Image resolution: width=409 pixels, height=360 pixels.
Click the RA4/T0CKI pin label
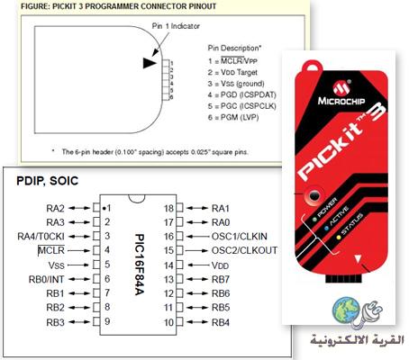coord(41,237)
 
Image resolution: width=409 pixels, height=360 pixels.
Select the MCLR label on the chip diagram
coord(51,250)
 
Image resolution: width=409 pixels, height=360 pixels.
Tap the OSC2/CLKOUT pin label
coord(244,250)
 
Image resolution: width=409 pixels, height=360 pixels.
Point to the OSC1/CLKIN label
coord(240,236)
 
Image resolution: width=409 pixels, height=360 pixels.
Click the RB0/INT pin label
coord(46,279)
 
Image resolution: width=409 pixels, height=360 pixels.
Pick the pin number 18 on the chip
coord(168,208)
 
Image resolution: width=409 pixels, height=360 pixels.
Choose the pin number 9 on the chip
coord(107,321)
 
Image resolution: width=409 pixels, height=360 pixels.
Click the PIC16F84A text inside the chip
coord(140,265)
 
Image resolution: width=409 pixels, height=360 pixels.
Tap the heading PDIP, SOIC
coord(48,181)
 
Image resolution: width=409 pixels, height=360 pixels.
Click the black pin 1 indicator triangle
coord(150,63)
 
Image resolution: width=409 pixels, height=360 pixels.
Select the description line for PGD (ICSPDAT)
coord(242,94)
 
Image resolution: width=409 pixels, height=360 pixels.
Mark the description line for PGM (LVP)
coord(233,117)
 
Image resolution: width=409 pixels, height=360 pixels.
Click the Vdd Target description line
coord(232,72)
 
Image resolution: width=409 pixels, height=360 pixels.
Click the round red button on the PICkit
coord(314,196)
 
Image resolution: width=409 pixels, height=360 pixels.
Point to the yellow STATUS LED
coord(339,238)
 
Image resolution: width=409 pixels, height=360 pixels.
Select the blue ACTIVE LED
coord(326,229)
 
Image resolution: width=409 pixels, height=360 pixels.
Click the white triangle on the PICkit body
coord(358,259)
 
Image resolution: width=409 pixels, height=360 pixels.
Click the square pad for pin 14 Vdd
coord(179,265)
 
